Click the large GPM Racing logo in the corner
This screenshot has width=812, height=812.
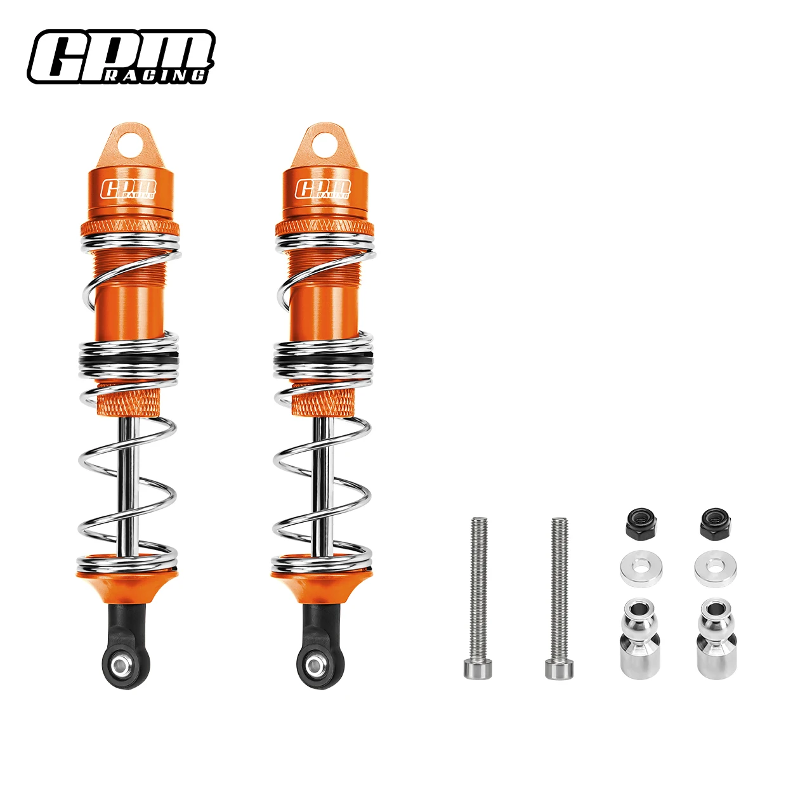(x=121, y=57)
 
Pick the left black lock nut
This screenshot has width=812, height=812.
(x=641, y=523)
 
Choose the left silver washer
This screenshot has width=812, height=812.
(x=641, y=569)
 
